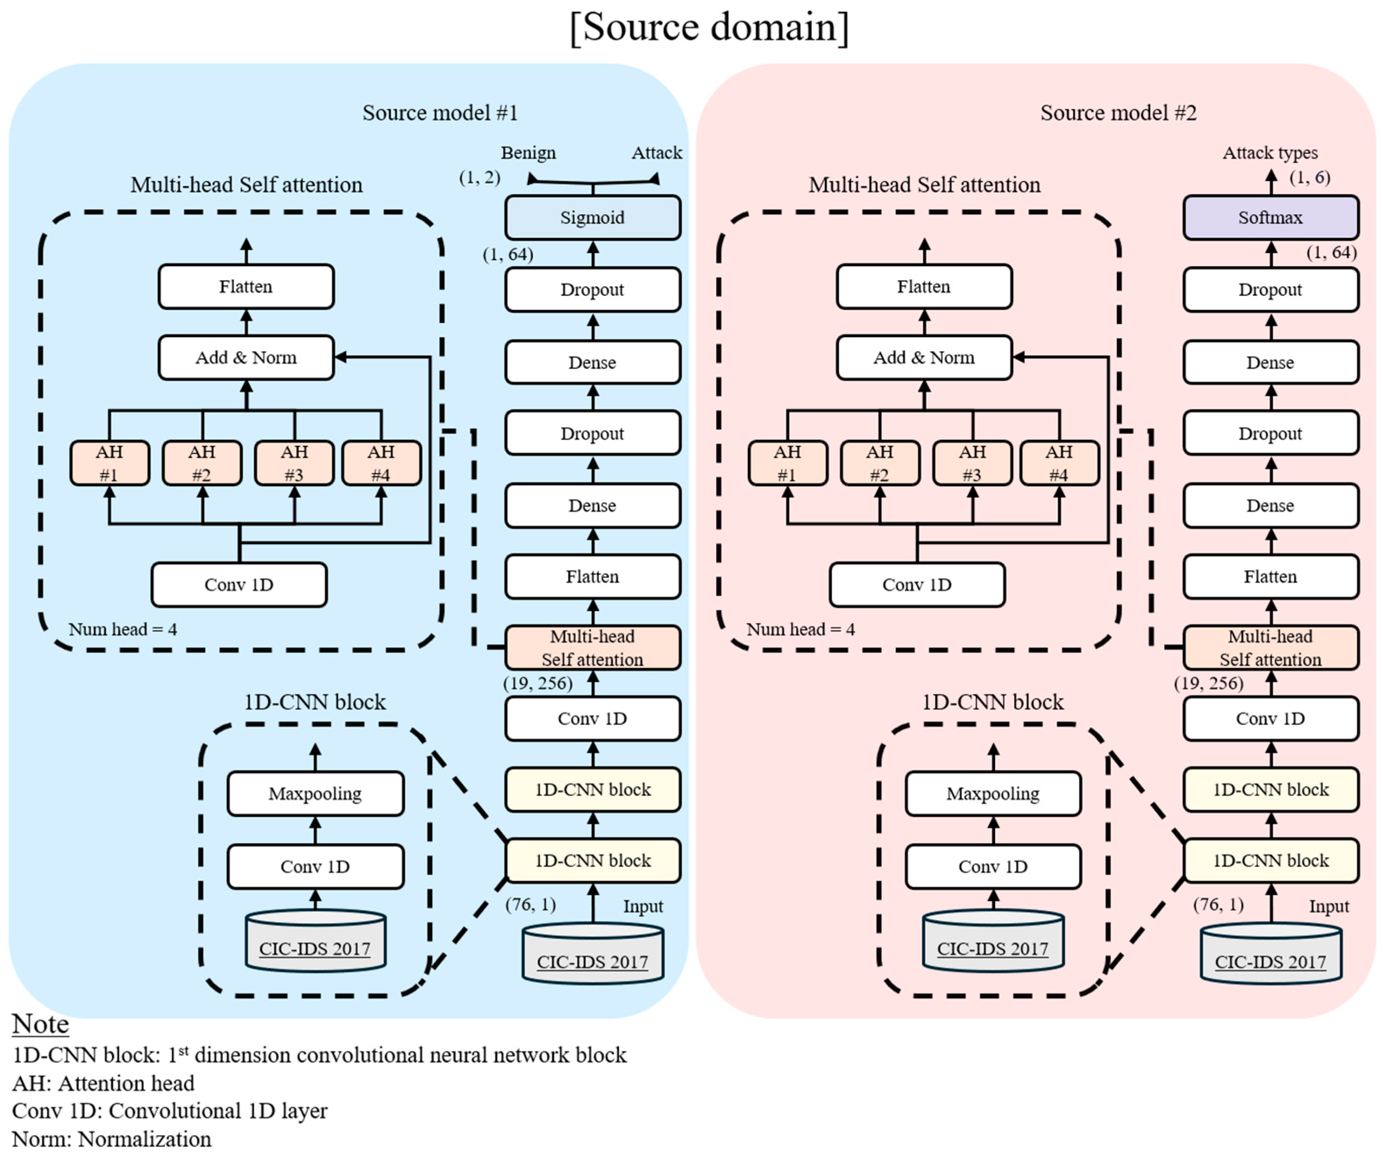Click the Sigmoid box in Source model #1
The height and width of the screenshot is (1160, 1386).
(592, 217)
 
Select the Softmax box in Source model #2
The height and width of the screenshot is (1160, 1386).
(1270, 217)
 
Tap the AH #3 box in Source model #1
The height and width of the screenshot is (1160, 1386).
(295, 463)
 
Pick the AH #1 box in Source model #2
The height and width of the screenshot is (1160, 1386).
(787, 463)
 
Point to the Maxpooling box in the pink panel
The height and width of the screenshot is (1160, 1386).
(993, 793)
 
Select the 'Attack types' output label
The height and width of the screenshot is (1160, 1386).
(1270, 153)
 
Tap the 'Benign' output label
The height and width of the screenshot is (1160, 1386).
(528, 153)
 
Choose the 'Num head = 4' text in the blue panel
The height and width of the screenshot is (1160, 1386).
(123, 629)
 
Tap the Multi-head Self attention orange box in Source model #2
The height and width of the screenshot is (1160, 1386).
(1270, 648)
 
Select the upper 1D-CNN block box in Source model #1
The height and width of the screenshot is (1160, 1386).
(592, 789)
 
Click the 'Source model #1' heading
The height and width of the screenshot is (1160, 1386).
(440, 113)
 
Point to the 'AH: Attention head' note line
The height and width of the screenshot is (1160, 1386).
(103, 1083)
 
